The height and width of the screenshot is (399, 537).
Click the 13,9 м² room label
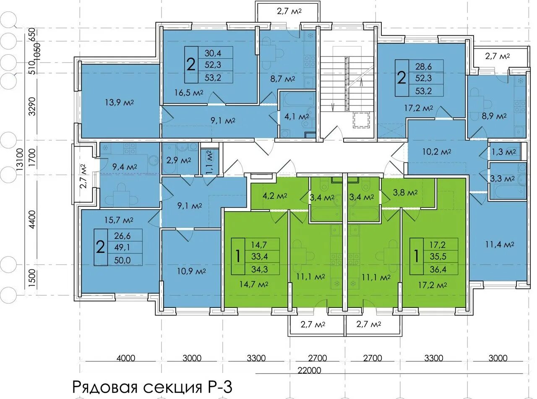pyautogui.click(x=120, y=102)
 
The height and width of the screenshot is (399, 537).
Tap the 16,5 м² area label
pyautogui.click(x=189, y=92)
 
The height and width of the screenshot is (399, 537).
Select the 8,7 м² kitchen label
pyautogui.click(x=282, y=79)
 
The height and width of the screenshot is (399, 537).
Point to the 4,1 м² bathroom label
pyautogui.click(x=297, y=117)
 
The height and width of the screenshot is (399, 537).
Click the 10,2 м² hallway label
pyautogui.click(x=437, y=152)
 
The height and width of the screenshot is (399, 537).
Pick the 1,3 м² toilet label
pyautogui.click(x=503, y=152)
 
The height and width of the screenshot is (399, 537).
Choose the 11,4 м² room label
pyautogui.click(x=500, y=244)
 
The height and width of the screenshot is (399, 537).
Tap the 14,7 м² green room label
pyautogui.click(x=254, y=284)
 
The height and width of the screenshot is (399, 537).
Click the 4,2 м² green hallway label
pyautogui.click(x=275, y=196)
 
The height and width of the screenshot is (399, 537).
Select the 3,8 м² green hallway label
pyautogui.click(x=405, y=193)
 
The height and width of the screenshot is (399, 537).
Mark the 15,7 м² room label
pyautogui.click(x=119, y=220)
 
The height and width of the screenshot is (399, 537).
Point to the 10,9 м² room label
pyautogui.click(x=191, y=271)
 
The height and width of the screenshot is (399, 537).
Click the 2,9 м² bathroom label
pyautogui.click(x=179, y=160)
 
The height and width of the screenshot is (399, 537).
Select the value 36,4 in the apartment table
pyautogui.click(x=438, y=269)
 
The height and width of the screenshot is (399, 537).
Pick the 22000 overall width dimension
pyautogui.click(x=309, y=370)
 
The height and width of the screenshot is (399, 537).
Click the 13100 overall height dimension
pyautogui.click(x=20, y=159)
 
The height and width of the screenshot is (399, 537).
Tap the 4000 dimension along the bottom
pyautogui.click(x=126, y=358)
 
